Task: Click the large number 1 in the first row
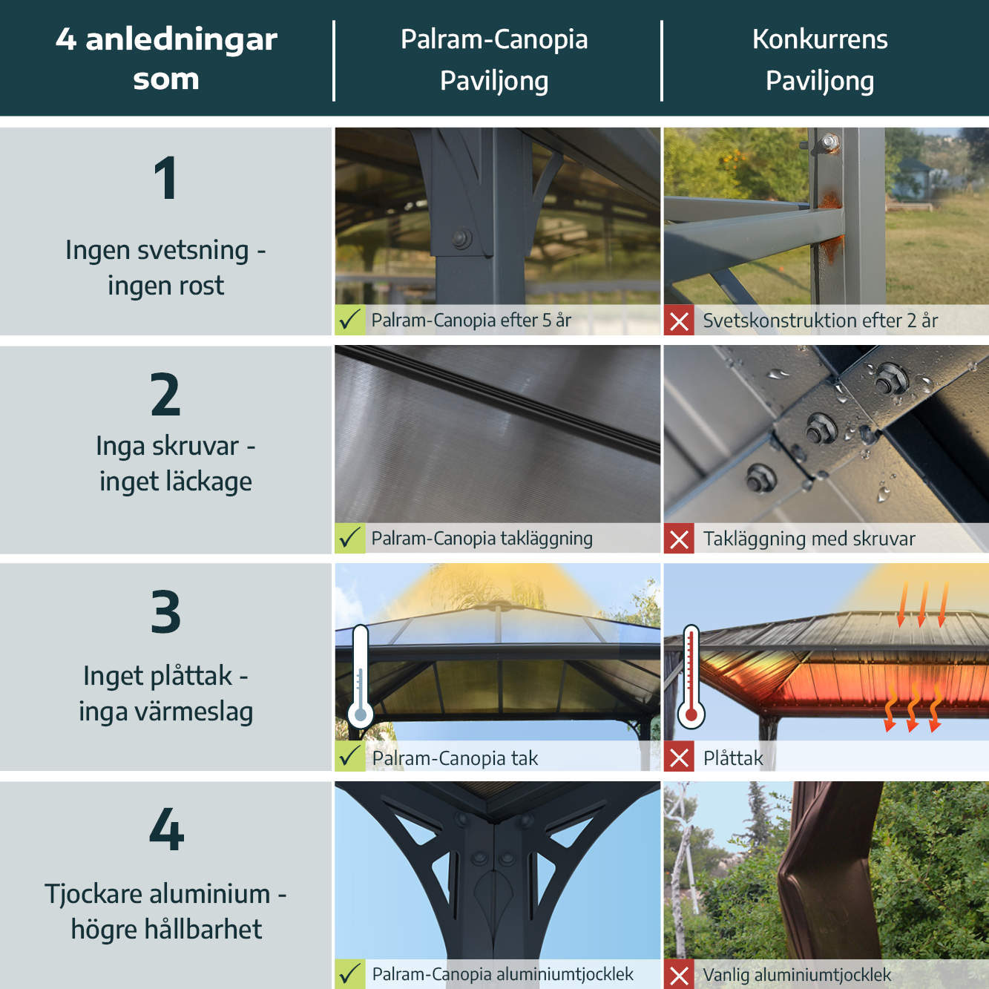click(165, 178)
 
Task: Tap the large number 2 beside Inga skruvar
click(165, 395)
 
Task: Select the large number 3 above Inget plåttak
click(165, 612)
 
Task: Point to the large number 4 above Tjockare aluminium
click(166, 829)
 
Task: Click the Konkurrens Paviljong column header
click(820, 60)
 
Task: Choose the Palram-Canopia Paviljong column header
click(494, 60)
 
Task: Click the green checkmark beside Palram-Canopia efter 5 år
click(350, 321)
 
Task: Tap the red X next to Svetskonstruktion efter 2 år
click(679, 321)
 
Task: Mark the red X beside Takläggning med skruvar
click(679, 539)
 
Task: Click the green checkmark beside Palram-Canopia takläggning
click(350, 538)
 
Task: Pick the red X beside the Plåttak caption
click(679, 757)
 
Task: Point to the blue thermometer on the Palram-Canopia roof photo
click(361, 675)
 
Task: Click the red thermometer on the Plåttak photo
click(691, 675)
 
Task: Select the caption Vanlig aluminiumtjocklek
click(797, 975)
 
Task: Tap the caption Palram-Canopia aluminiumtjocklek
click(502, 974)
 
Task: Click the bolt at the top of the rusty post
click(829, 141)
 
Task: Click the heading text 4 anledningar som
click(166, 59)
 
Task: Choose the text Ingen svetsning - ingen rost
click(165, 268)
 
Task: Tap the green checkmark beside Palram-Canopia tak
click(350, 757)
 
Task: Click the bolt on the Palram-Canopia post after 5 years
click(461, 238)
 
